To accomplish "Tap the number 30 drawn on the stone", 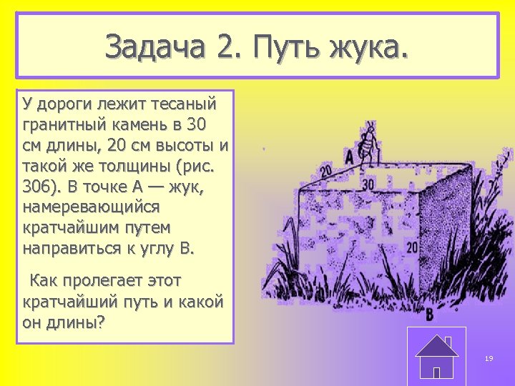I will [x=368, y=184].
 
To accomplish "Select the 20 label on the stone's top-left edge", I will [x=325, y=171].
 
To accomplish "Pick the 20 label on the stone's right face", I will [x=411, y=247].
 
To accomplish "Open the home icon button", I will [x=436, y=355].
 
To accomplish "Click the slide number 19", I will [x=489, y=358].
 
